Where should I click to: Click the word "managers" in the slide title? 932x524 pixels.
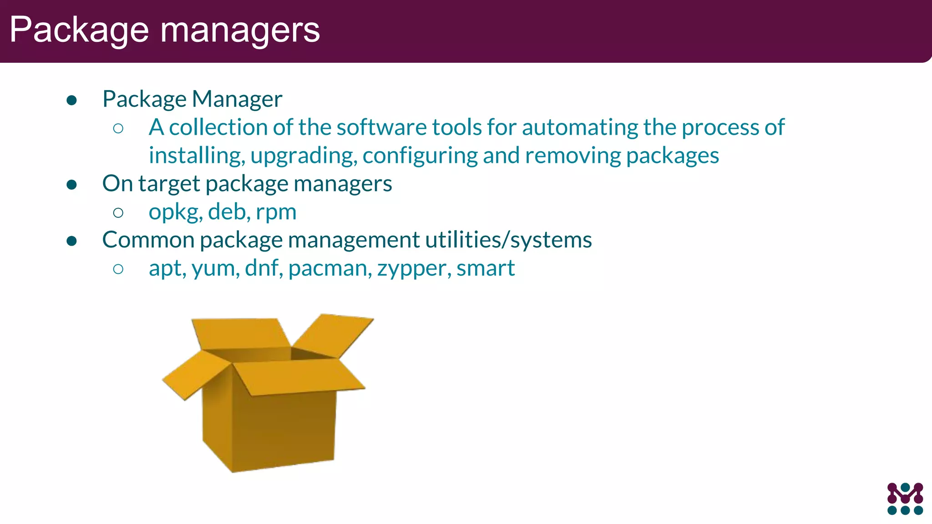click(240, 30)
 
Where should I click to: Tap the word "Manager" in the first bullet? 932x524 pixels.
click(237, 99)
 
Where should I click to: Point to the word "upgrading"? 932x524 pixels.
click(303, 156)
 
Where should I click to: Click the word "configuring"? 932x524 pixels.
click(420, 156)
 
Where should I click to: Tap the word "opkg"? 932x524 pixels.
click(175, 212)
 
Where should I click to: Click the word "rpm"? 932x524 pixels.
click(276, 212)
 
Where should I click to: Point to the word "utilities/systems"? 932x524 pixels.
click(508, 240)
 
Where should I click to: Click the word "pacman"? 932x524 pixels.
click(329, 268)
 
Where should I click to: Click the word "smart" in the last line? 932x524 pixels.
click(485, 268)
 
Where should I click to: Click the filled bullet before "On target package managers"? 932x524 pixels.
click(71, 184)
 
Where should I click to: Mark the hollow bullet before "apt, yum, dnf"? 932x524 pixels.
click(118, 269)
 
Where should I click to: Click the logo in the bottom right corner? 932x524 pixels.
click(905, 499)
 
